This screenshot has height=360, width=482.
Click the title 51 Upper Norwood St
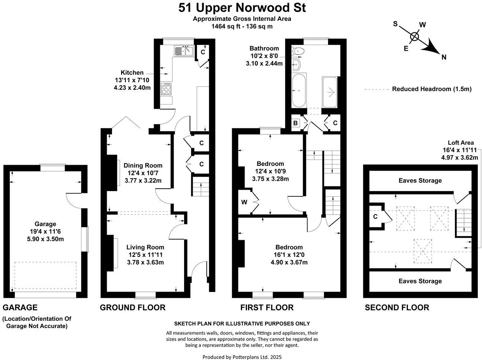pyautogui.click(x=242, y=7)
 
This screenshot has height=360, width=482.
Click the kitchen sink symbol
pyautogui.click(x=183, y=50)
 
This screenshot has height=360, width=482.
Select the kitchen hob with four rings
pyautogui.click(x=166, y=89)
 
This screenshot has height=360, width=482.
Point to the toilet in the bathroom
pyautogui.click(x=299, y=51)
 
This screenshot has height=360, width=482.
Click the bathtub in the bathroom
pyautogui.click(x=299, y=90)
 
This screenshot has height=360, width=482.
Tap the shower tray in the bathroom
pyautogui.click(x=330, y=92)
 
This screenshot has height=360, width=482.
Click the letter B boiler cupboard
pyautogui.click(x=296, y=123)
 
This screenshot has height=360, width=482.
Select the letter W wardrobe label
pyautogui.click(x=244, y=202)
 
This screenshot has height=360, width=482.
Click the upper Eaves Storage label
pyautogui.click(x=420, y=180)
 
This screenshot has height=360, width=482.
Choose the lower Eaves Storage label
pyautogui.click(x=420, y=281)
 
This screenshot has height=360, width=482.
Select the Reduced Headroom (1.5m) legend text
pyautogui.click(x=432, y=89)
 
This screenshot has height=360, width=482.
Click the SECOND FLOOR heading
pyautogui.click(x=397, y=308)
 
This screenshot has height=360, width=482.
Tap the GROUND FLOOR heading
pyautogui.click(x=132, y=308)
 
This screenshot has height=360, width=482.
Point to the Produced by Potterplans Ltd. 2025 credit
pyautogui.click(x=242, y=357)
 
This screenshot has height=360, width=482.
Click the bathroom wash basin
pyautogui.click(x=296, y=65)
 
